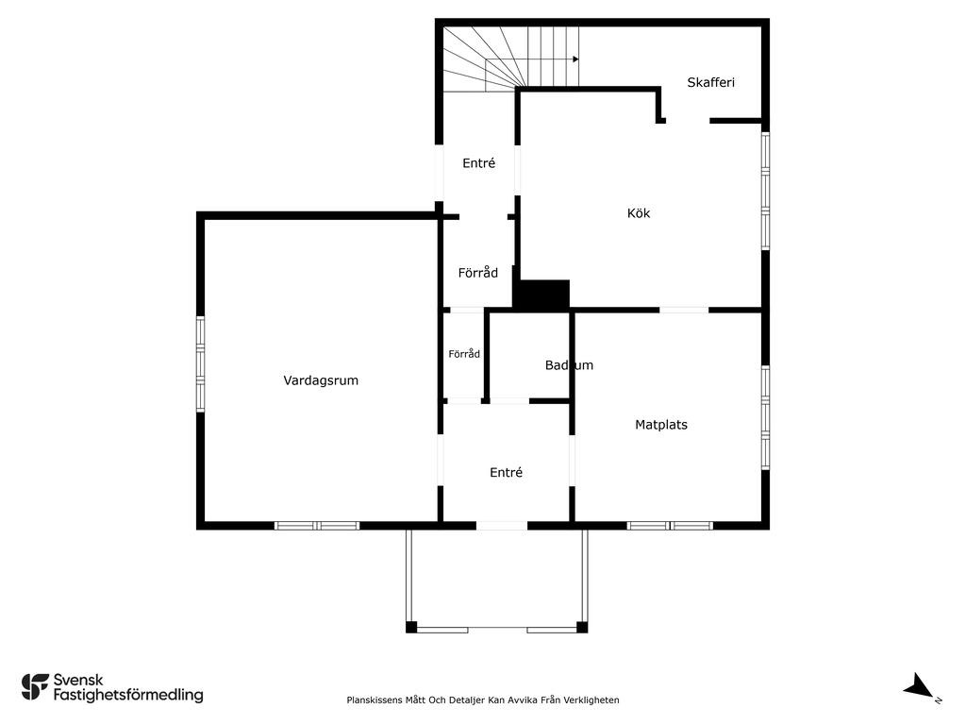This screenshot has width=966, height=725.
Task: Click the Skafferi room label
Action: [710, 82]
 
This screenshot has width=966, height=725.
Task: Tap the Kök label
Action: [639, 212]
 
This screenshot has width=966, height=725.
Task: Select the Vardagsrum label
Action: [321, 380]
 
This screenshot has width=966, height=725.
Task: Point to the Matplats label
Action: [661, 424]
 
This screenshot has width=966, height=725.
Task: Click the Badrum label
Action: [569, 365]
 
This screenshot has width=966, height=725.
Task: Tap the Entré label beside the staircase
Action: [478, 162]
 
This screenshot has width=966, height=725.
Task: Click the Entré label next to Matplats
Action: [506, 472]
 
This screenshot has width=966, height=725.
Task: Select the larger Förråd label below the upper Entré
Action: [477, 273]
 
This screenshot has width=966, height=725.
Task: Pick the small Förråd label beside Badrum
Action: [464, 354]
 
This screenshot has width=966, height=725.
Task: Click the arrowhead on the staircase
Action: [576, 59]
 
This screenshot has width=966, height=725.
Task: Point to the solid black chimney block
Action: [541, 295]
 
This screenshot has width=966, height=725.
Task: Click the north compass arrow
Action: [919, 685]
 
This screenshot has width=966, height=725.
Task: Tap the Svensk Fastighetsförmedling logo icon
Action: [35, 687]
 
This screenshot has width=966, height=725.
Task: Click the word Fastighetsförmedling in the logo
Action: [128, 695]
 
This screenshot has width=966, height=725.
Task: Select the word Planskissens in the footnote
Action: [375, 700]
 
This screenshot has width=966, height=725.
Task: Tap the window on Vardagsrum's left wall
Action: [200, 363]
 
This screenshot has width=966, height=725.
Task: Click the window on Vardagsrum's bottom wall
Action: [317, 526]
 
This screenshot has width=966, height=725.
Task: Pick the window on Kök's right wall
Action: [766, 191]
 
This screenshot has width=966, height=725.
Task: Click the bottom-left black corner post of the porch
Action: [411, 628]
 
